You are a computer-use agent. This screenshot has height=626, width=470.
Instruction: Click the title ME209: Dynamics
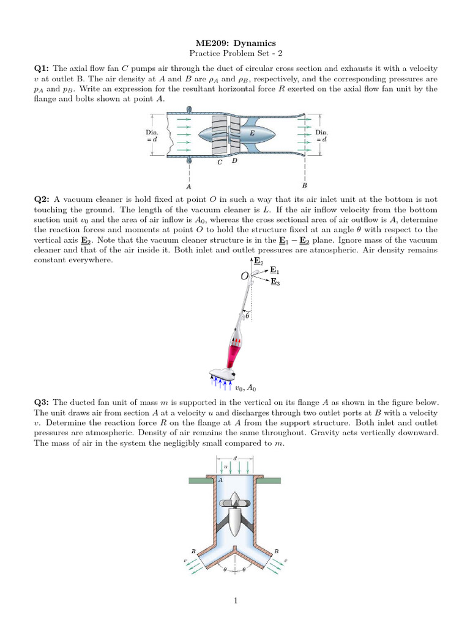pyautogui.click(x=235, y=43)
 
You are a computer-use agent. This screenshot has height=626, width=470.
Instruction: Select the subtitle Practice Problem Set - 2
pyautogui.click(x=235, y=54)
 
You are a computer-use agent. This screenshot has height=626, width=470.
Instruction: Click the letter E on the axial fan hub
pyautogui.click(x=252, y=132)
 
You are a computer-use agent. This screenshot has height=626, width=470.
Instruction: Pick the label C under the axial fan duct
pyautogui.click(x=220, y=163)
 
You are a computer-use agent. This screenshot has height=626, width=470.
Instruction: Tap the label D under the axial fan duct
pyautogui.click(x=234, y=161)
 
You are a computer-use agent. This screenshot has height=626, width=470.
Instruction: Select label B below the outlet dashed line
pyautogui.click(x=304, y=186)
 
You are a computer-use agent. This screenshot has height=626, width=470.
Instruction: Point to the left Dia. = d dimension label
pyautogui.click(x=152, y=136)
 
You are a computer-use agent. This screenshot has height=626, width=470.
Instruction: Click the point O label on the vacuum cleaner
pyautogui.click(x=245, y=277)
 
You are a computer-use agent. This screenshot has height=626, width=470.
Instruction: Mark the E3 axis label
pyautogui.click(x=275, y=282)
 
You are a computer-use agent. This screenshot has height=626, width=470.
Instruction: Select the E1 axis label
pyautogui.click(x=275, y=270)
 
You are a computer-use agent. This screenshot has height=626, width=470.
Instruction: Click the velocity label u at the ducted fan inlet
pyautogui.click(x=225, y=466)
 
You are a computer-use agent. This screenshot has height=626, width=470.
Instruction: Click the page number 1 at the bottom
pyautogui.click(x=235, y=602)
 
